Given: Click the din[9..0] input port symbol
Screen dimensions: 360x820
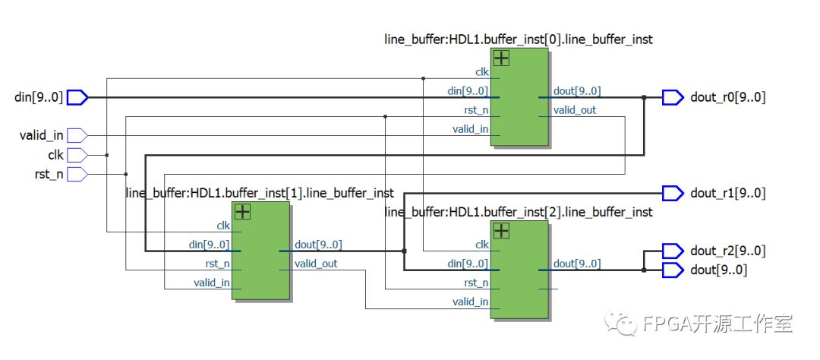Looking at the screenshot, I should pyautogui.click(x=78, y=97).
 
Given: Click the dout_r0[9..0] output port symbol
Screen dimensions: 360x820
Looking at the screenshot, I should pyautogui.click(x=673, y=97).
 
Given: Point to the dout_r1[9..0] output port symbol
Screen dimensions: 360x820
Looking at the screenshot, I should pyautogui.click(x=673, y=194).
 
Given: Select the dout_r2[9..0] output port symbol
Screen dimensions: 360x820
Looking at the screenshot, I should pyautogui.click(x=673, y=251).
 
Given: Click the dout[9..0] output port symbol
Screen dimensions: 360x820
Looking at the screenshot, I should pyautogui.click(x=673, y=270).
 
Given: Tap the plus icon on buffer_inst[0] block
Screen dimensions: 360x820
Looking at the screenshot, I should pyautogui.click(x=501, y=58).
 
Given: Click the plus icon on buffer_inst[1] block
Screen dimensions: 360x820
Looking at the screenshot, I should pyautogui.click(x=243, y=211).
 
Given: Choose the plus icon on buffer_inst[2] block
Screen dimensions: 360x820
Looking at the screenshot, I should pyautogui.click(x=501, y=230).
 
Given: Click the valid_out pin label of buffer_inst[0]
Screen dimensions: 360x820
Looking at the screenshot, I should pyautogui.click(x=575, y=110).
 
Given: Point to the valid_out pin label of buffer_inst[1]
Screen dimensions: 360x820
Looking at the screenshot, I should pyautogui.click(x=317, y=264).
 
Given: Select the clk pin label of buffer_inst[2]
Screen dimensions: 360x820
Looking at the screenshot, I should pyautogui.click(x=482, y=245).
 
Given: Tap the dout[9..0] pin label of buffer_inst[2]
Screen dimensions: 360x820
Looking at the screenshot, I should pyautogui.click(x=577, y=264).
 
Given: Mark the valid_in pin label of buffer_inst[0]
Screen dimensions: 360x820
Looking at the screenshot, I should pyautogui.click(x=470, y=129).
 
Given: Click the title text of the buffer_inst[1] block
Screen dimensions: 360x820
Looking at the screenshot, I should pyautogui.click(x=260, y=194).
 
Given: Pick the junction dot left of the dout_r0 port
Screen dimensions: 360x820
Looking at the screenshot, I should pyautogui.click(x=644, y=97).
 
